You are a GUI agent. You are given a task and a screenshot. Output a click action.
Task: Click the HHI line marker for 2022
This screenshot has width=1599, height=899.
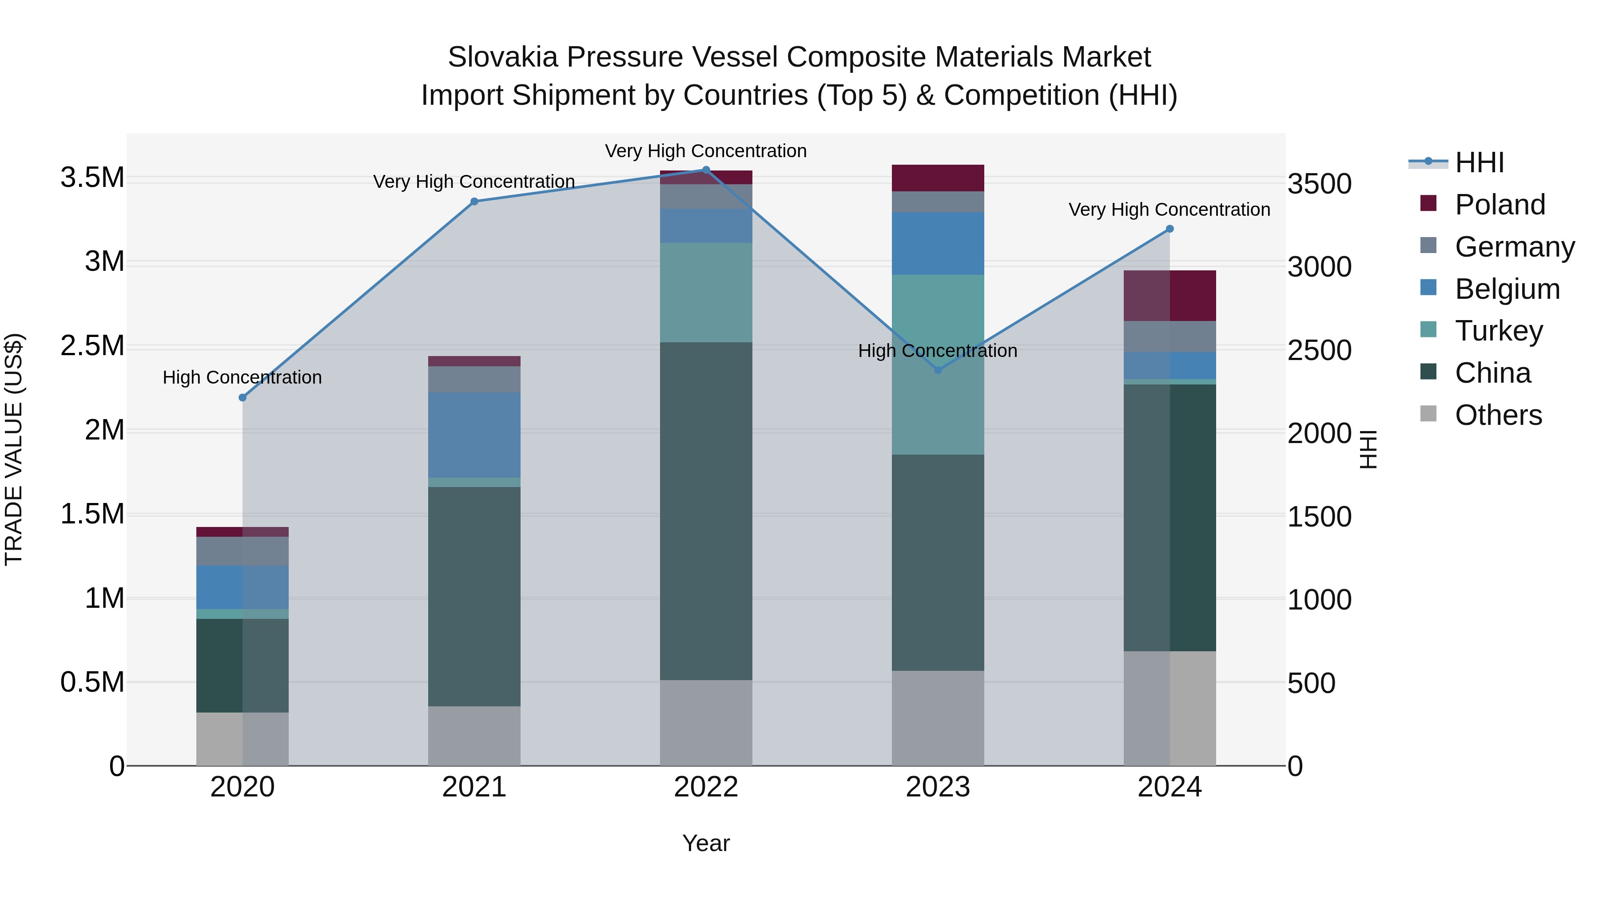pos(706,170)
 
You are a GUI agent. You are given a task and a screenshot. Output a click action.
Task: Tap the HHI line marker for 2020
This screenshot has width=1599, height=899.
pos(243,398)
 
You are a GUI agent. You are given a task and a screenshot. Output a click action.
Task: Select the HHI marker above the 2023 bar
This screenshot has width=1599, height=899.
pos(938,370)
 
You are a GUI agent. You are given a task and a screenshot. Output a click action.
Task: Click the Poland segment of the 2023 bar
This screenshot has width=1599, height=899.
pos(938,178)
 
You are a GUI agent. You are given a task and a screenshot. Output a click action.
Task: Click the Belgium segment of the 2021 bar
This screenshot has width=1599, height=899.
pos(474,435)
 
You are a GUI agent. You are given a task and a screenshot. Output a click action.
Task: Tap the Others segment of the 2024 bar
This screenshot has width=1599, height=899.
pos(1169,708)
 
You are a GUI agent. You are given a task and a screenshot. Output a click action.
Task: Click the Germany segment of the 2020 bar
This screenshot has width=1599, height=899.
pos(243,551)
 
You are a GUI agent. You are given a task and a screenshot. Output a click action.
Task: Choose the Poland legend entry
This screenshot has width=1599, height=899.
pos(1499,205)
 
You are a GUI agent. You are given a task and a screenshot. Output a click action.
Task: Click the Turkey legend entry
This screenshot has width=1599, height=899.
pos(1498,331)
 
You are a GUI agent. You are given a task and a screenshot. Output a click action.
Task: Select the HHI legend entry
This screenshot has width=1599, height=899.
pos(1479,162)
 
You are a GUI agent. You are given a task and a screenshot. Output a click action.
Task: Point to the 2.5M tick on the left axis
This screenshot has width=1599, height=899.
pos(92,345)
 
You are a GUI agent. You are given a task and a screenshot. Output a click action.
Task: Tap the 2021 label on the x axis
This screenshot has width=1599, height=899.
pos(474,787)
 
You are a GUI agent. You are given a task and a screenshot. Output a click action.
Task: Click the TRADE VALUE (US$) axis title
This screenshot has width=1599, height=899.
pos(14,449)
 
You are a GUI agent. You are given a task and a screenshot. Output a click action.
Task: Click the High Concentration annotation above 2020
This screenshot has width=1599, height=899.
pos(242,377)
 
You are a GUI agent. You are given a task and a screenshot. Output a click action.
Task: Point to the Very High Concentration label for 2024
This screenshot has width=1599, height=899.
pos(1169,210)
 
